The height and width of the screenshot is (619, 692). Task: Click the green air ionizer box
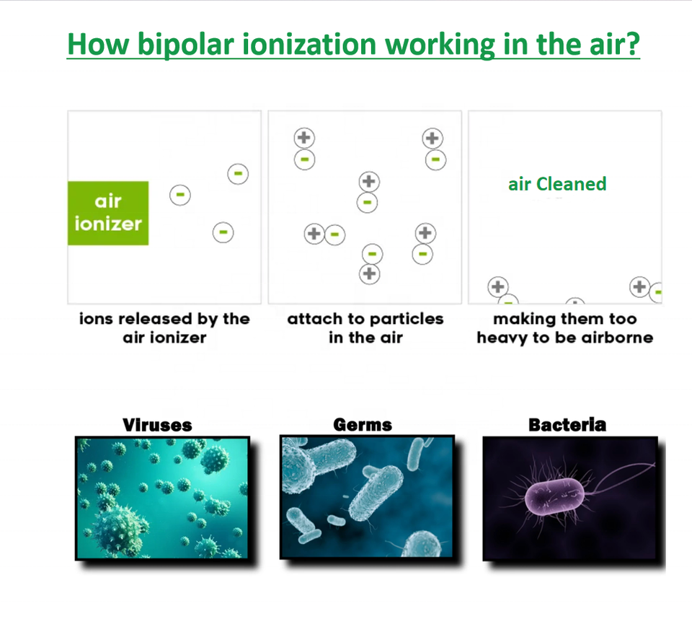(108, 213)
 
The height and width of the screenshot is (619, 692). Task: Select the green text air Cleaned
(557, 184)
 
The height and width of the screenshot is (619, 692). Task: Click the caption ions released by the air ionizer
(164, 328)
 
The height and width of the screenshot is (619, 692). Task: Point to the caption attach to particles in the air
(365, 328)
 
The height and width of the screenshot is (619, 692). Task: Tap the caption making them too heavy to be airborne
(565, 328)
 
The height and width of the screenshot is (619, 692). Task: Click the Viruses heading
(158, 424)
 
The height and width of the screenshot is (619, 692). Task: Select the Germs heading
(363, 424)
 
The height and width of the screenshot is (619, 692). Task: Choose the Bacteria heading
(567, 424)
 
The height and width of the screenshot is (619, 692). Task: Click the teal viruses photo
(162, 498)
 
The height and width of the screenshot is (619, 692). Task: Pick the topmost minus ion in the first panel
(238, 174)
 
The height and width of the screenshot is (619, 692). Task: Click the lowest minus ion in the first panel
(223, 232)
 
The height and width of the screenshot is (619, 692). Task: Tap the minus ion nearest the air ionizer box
(180, 194)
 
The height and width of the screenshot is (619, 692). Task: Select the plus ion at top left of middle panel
(304, 138)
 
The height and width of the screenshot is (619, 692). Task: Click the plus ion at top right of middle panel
(432, 138)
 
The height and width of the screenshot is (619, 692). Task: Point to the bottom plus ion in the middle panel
(369, 273)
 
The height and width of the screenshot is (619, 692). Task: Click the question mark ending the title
(631, 45)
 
